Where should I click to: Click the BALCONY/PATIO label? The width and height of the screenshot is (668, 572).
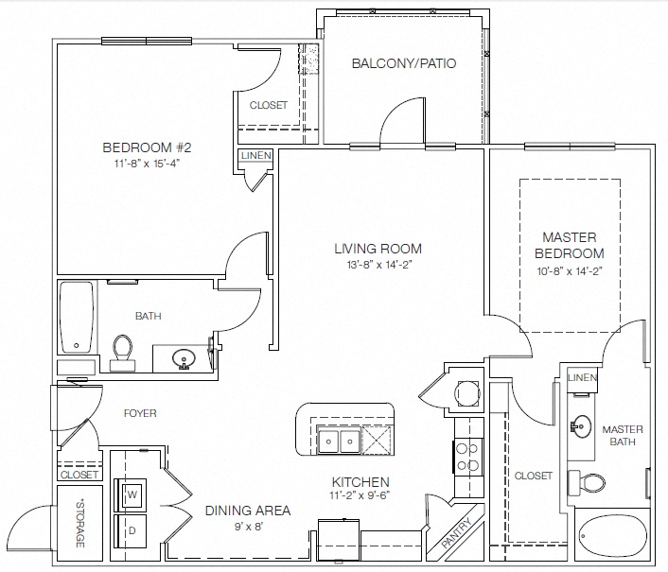click(404, 63)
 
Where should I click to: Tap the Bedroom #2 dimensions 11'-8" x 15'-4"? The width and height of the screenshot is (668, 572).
click(147, 164)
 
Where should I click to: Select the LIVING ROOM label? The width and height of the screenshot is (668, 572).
click(378, 249)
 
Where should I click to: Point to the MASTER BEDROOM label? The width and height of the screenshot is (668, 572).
click(570, 245)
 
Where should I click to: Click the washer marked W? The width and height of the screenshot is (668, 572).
click(131, 494)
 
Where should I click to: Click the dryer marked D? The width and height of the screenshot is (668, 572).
click(131, 531)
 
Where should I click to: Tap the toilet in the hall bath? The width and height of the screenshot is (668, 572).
click(123, 353)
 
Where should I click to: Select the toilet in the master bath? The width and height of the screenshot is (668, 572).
click(587, 483)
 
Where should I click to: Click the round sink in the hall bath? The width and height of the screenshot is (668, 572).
click(184, 358)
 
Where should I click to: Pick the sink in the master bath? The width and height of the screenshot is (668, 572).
click(581, 426)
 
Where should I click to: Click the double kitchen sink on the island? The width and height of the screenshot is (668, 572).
click(339, 441)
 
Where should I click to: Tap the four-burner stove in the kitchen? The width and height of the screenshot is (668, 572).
click(467, 457)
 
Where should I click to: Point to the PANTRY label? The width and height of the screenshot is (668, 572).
click(457, 532)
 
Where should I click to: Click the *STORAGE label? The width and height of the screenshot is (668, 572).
click(79, 523)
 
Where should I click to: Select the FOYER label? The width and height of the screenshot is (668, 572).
click(140, 413)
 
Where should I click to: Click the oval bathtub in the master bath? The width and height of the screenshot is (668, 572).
click(612, 533)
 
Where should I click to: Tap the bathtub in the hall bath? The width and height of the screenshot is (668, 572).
click(77, 317)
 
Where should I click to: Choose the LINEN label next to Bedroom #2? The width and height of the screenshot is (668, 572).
click(256, 156)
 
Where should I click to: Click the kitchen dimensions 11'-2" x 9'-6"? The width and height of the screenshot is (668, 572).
click(360, 495)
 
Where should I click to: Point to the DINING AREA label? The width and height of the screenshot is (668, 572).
click(248, 511)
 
